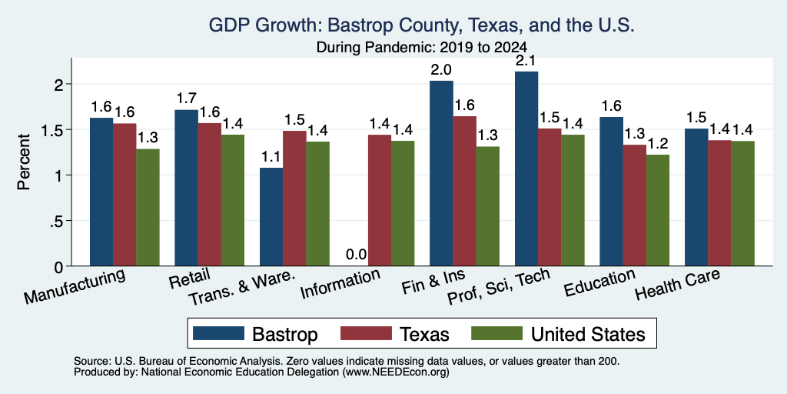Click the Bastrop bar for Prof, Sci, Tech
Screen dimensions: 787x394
click(526, 169)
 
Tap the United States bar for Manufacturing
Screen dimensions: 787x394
click(148, 207)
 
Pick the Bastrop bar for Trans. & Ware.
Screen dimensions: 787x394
click(271, 216)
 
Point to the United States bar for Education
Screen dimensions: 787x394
click(658, 210)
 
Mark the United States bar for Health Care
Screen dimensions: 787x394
click(743, 203)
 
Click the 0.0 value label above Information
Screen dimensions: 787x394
click(356, 255)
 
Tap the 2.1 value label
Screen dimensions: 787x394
click(526, 60)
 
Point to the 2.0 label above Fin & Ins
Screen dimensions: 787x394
click(441, 69)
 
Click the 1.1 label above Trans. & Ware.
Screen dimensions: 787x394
click(271, 156)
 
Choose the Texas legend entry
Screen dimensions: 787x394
click(395, 334)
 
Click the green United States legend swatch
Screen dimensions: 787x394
click(496, 333)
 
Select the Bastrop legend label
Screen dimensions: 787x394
click(284, 334)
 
